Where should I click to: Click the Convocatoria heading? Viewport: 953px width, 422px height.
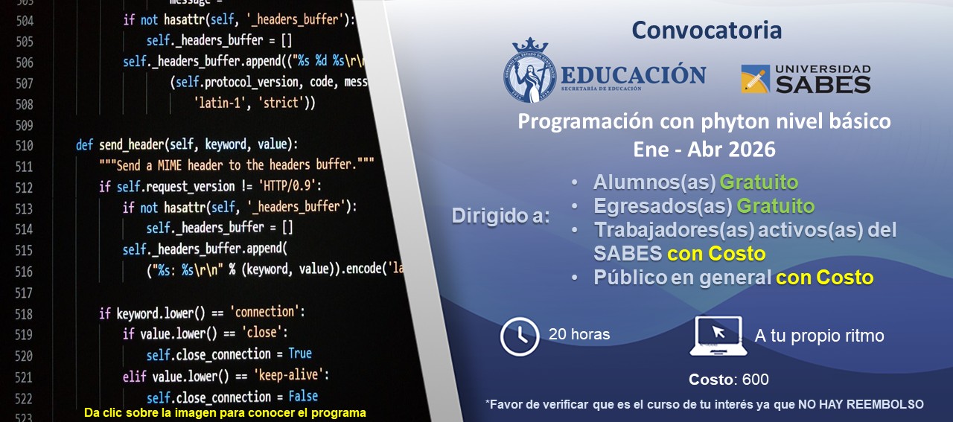(707, 31)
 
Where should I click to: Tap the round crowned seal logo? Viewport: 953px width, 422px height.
(529, 71)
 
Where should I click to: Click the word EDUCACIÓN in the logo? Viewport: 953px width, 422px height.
(633, 75)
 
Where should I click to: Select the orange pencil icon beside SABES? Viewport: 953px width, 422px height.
(755, 79)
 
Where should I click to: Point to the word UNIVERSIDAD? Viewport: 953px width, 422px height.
(823, 68)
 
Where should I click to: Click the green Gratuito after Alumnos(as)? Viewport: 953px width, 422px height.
(759, 182)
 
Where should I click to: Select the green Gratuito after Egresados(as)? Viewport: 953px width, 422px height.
(775, 205)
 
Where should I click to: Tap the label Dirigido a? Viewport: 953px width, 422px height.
(500, 217)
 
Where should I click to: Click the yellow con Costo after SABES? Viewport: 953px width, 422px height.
(716, 253)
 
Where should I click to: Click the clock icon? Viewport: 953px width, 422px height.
(519, 336)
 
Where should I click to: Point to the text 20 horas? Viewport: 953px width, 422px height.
(579, 335)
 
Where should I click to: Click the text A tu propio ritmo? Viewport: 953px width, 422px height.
(819, 336)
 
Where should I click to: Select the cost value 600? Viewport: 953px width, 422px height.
(755, 380)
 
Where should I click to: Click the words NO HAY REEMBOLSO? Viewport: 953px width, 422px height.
(861, 404)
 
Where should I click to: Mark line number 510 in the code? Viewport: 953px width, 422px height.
(25, 145)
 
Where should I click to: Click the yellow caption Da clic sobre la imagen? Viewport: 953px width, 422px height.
(225, 412)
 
